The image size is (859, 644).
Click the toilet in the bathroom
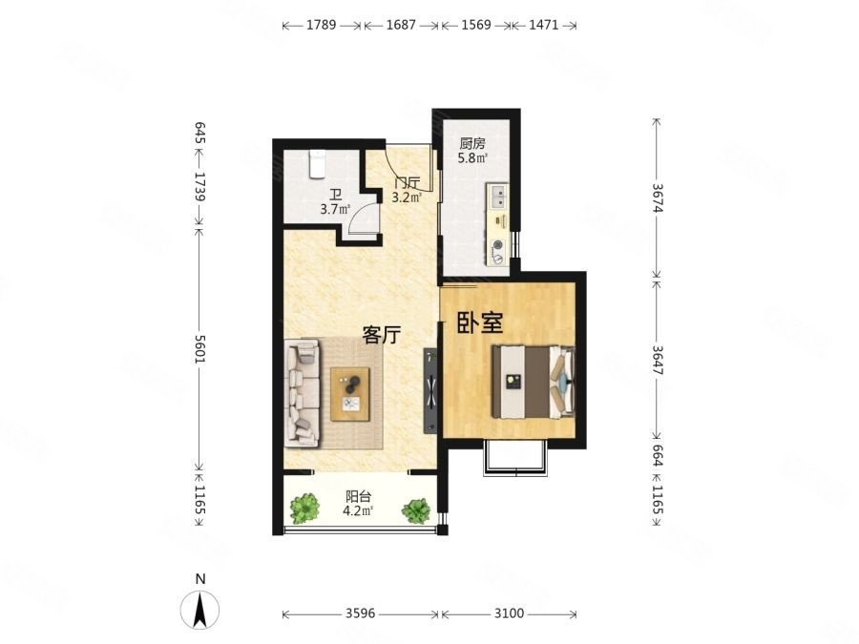317,164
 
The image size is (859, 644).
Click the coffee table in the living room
350,394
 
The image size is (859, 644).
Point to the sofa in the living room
302,392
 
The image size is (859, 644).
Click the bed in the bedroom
533,381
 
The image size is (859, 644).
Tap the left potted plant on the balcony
304,509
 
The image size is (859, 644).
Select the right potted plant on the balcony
416,510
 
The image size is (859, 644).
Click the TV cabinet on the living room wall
430,391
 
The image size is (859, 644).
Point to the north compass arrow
200,609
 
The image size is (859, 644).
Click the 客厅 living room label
381,335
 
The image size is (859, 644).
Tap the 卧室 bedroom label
480,323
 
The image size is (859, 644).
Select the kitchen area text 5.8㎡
472,158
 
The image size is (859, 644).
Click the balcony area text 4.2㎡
358,511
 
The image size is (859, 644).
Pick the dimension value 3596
360,613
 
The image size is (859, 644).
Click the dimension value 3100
509,613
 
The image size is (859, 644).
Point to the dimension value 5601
199,349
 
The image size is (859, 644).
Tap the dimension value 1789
321,25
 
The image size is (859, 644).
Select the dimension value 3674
657,197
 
